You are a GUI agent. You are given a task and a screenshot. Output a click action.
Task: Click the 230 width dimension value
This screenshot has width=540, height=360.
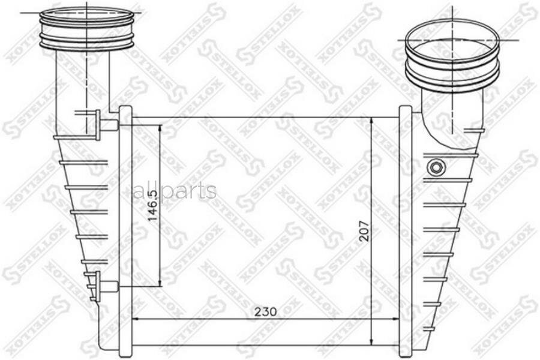pyautogui.click(x=266, y=311)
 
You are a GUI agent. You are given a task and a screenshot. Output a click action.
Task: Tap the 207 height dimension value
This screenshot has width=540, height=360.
pyautogui.click(x=364, y=231)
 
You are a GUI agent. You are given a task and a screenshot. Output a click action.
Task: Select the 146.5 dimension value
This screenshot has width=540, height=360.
pyautogui.click(x=152, y=205)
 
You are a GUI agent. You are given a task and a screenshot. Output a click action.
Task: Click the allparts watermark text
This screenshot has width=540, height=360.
pyautogui.click(x=175, y=191)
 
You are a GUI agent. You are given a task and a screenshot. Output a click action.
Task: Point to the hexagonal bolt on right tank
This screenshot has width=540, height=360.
pyautogui.click(x=436, y=167)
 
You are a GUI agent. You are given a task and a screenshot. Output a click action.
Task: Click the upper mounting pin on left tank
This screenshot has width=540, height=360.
pyautogui.click(x=107, y=125)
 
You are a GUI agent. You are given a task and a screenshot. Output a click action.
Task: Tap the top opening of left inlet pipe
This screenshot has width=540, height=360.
pyautogui.click(x=86, y=16)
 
